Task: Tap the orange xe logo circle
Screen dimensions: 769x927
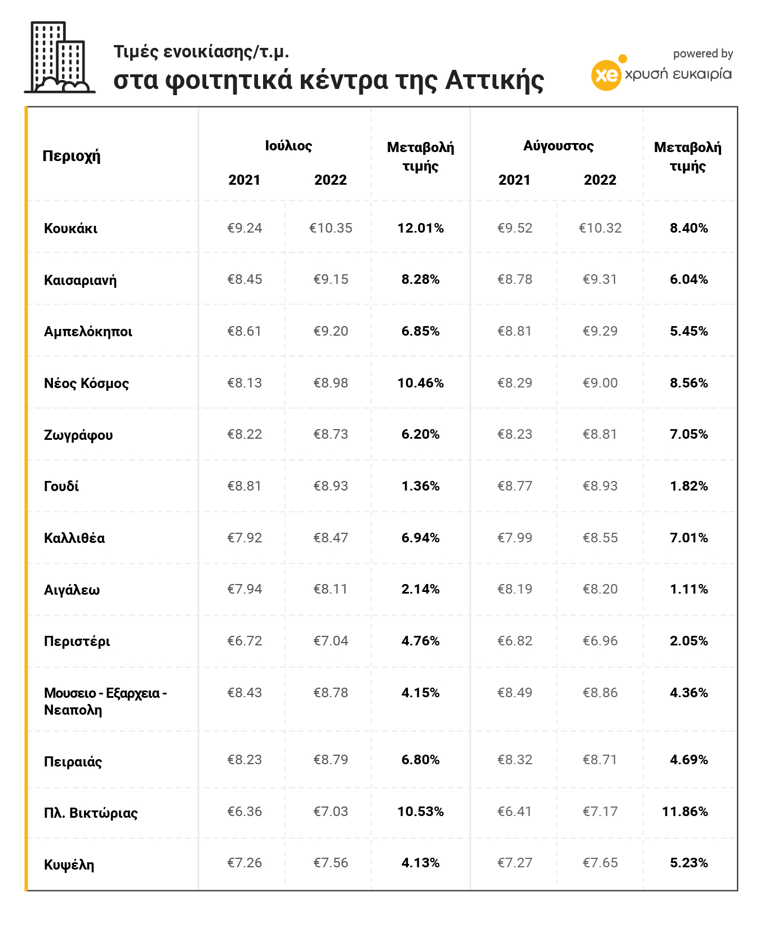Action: pos(606,75)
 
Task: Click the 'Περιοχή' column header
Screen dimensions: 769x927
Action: pos(72,155)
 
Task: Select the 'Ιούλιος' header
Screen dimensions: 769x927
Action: pos(288,146)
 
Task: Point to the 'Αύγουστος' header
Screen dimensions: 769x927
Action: pos(558,146)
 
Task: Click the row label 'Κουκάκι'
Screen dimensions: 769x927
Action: pos(70,229)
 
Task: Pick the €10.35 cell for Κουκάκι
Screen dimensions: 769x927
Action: pos(331,228)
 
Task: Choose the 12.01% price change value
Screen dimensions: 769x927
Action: pos(420,228)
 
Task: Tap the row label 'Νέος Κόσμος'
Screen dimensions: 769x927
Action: pos(86,384)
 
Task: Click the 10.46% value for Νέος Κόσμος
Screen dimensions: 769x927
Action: pos(420,383)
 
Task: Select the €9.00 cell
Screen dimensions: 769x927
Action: pos(600,383)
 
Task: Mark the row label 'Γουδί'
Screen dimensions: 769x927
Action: pos(61,486)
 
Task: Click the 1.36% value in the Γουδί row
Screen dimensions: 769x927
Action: pos(420,486)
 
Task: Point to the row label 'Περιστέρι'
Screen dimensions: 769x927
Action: pos(77,641)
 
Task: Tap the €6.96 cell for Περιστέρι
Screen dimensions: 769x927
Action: pos(600,641)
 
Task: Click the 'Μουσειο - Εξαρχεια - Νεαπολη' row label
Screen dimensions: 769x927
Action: pos(105,701)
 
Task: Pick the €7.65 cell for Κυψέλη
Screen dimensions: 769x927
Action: pos(600,863)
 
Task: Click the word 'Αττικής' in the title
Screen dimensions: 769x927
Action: pos(495,80)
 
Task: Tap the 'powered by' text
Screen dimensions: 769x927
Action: pos(703,54)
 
